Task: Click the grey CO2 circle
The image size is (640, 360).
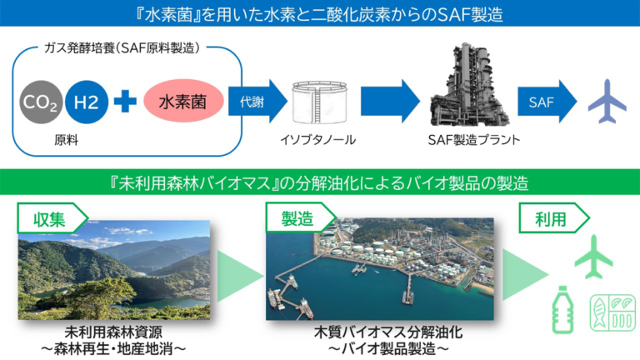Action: pyautogui.click(x=41, y=102)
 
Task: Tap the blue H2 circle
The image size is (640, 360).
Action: pyautogui.click(x=87, y=102)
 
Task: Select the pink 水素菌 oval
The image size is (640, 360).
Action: pyautogui.click(x=183, y=101)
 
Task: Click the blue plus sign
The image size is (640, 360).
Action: pyautogui.click(x=125, y=101)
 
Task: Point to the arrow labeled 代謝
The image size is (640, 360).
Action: pyautogui.click(x=257, y=101)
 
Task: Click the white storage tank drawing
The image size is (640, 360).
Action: pyautogui.click(x=320, y=102)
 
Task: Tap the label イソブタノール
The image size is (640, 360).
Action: pyautogui.click(x=318, y=140)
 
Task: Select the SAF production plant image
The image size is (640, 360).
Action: pyautogui.click(x=469, y=84)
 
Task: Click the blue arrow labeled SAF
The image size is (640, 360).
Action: pyautogui.click(x=547, y=101)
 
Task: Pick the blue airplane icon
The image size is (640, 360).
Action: pyautogui.click(x=607, y=101)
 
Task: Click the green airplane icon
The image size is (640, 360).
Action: pyautogui.click(x=594, y=257)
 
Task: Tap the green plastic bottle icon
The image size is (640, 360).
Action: pyautogui.click(x=562, y=310)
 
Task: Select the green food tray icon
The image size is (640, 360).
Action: pyautogui.click(x=612, y=313)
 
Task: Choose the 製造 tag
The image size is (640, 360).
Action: pyautogui.click(x=301, y=218)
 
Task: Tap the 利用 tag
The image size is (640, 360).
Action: pyautogui.click(x=554, y=218)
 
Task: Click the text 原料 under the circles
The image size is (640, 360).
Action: pyautogui.click(x=66, y=140)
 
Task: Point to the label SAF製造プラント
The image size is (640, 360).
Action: pyautogui.click(x=474, y=140)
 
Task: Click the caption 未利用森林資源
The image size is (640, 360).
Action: pyautogui.click(x=113, y=332)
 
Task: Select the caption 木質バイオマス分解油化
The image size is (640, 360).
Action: pyautogui.click(x=388, y=332)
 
